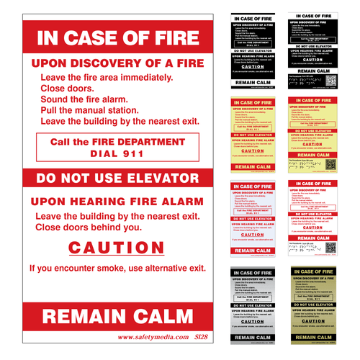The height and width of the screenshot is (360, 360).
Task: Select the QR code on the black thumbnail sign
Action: pos(331,81)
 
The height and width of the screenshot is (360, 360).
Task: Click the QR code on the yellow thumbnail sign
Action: pos(331,163)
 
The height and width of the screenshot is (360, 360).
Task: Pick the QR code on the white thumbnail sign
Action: pos(331,246)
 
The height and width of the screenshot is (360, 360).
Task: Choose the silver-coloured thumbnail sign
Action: pos(253,305)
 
